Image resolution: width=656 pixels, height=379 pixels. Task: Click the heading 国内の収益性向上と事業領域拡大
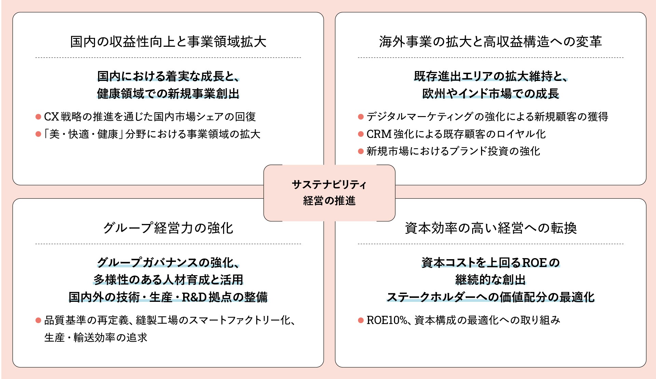[x=168, y=42]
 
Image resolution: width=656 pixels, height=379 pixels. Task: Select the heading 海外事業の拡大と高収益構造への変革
[x=490, y=42]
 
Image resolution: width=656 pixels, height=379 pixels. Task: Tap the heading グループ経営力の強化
[x=168, y=228]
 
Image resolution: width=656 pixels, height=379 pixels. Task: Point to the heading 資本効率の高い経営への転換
[x=491, y=228]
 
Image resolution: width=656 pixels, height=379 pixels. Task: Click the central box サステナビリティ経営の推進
[x=329, y=193]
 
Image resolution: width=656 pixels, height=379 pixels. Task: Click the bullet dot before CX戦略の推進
[x=38, y=117]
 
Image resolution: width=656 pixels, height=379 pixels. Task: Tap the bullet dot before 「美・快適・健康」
[x=38, y=134]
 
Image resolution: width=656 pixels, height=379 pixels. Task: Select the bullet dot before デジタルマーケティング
[x=361, y=117]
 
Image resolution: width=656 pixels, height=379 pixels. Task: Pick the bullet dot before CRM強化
[x=361, y=134]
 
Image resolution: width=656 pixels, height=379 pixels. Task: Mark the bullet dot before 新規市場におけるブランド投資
[x=361, y=151]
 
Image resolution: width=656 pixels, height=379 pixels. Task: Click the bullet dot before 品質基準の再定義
[x=38, y=320]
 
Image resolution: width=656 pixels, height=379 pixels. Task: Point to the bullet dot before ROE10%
[x=361, y=320]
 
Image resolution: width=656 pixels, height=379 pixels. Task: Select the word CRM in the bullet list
[x=379, y=134]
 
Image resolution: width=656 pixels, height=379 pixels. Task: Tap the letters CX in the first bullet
[x=52, y=117]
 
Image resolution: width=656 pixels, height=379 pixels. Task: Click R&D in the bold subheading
[x=194, y=297]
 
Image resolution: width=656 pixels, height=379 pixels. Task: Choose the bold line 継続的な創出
[x=491, y=280]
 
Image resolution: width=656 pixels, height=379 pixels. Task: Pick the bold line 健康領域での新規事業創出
[x=168, y=93]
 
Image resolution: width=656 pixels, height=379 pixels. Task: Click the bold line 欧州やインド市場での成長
[x=491, y=93]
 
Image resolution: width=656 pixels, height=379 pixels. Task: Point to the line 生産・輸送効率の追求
[x=96, y=337]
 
